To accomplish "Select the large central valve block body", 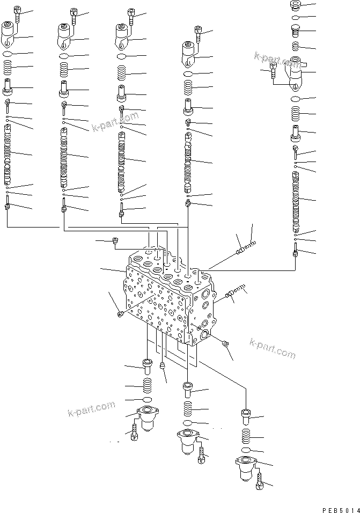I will click(x=166, y=301).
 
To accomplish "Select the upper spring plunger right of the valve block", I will click(x=245, y=248).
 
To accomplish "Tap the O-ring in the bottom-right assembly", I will click(x=246, y=450).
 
